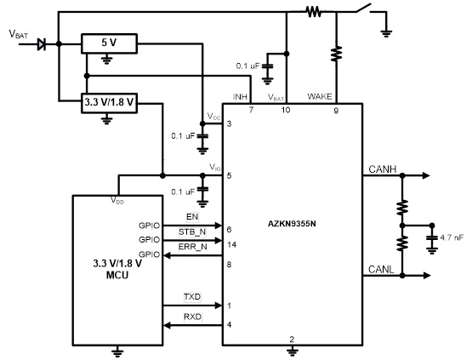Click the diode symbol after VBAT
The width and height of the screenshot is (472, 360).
(43, 42)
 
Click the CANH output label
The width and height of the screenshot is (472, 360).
(380, 169)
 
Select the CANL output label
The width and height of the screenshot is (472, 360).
(380, 269)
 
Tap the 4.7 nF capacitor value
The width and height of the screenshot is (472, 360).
(452, 227)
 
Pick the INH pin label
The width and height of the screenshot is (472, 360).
(240, 98)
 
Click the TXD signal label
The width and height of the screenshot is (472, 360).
(193, 297)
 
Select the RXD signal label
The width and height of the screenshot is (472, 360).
(193, 317)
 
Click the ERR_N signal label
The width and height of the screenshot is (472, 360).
(192, 248)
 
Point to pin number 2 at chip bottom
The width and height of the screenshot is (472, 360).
(292, 339)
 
